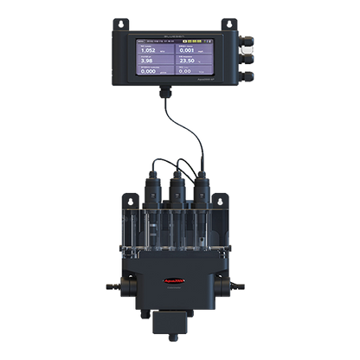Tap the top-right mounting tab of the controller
pos(234,23)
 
